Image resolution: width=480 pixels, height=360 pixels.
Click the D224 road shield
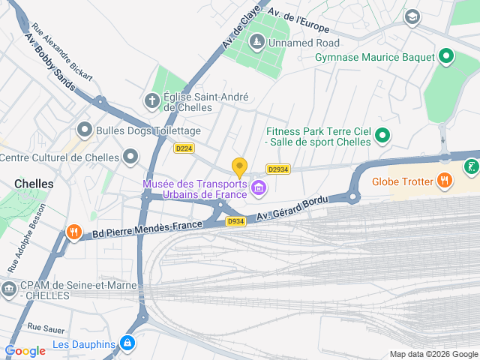click(184, 148)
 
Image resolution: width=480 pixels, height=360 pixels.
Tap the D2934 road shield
click(277, 169)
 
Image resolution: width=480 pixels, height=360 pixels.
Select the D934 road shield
click(235, 221)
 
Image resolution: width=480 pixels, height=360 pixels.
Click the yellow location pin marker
click(239, 168)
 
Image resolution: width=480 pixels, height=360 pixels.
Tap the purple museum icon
click(259, 187)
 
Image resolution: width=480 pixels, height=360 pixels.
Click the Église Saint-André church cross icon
click(151, 100)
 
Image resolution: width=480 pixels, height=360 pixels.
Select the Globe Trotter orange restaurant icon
click(445, 180)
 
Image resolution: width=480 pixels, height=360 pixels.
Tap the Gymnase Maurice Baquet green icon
click(446, 56)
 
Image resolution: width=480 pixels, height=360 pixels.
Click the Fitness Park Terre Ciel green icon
click(382, 136)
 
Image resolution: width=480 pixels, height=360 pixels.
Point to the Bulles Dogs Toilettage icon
click(85, 130)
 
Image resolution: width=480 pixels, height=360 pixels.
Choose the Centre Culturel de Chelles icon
click(131, 157)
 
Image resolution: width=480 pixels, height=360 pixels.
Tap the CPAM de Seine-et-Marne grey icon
click(8, 289)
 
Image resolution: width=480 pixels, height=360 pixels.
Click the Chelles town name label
click(34, 183)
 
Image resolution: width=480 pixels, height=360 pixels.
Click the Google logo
click(25, 350)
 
